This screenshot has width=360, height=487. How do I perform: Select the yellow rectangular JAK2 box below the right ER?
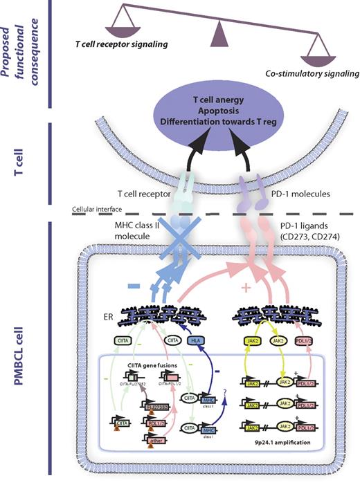click(x=256, y=341)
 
